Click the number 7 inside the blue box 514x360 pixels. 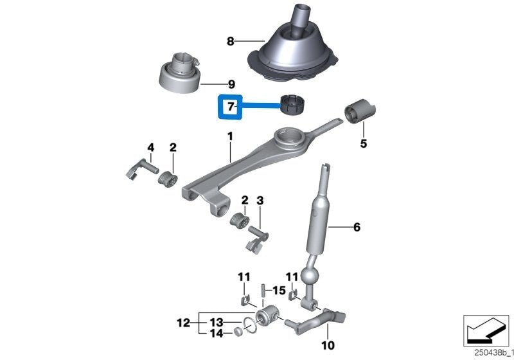tap(228, 105)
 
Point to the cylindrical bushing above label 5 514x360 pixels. tap(359, 113)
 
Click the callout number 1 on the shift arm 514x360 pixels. tap(229, 137)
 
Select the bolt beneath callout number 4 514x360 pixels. tap(141, 171)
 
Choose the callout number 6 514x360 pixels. tap(357, 227)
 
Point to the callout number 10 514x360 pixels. tap(328, 346)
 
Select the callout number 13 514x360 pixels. tap(217, 321)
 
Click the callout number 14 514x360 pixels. tap(217, 334)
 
